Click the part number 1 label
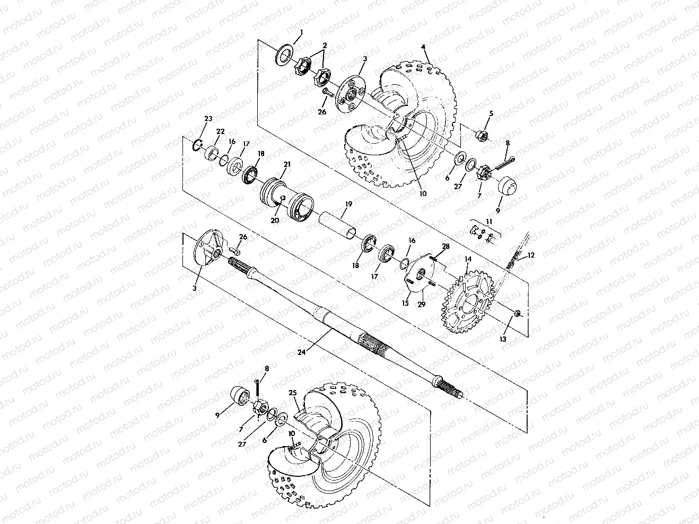tap(301, 33)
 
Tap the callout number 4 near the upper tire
tap(423, 47)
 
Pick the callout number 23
tap(208, 119)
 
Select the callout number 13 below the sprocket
tap(503, 339)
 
